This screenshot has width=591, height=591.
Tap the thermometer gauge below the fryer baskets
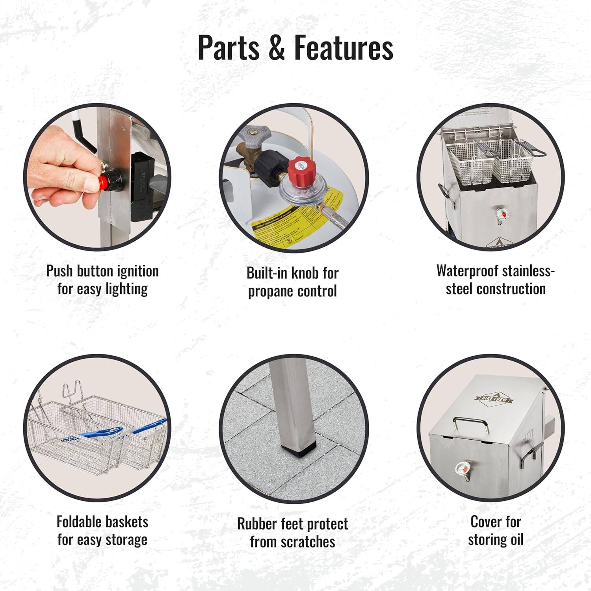500,214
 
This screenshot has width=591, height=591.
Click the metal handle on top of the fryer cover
471,424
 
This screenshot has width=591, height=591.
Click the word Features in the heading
344,48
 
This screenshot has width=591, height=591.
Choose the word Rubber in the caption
257,524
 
